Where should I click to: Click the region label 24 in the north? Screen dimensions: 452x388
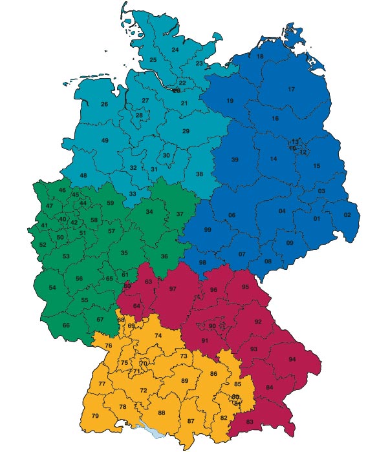(x=175, y=50)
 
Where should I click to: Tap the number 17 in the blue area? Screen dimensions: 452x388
(x=291, y=89)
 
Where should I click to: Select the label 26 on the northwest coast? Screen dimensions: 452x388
(x=104, y=104)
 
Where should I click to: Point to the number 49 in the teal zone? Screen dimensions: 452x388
(x=105, y=140)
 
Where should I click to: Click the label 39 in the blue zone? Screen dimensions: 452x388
(x=235, y=159)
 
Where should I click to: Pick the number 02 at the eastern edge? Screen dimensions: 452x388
(x=347, y=214)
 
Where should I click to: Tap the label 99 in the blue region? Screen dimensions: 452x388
(x=208, y=230)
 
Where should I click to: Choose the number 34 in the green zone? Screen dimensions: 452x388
(x=149, y=212)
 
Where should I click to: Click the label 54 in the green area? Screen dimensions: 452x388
(x=52, y=287)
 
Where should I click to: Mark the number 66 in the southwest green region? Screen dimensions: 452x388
(x=66, y=325)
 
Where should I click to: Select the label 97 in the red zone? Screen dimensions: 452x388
(x=173, y=289)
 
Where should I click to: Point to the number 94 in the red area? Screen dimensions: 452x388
(x=292, y=359)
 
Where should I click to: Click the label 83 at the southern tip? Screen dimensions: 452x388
(x=250, y=422)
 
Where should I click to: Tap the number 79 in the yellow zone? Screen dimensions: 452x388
(x=95, y=415)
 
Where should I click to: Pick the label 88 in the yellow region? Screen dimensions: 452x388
(x=162, y=413)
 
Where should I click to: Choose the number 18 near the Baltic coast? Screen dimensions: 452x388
(x=260, y=56)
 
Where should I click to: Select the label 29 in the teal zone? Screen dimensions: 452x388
(x=186, y=131)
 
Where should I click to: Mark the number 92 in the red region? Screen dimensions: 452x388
(x=258, y=322)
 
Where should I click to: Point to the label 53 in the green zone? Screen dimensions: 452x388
(x=66, y=256)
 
